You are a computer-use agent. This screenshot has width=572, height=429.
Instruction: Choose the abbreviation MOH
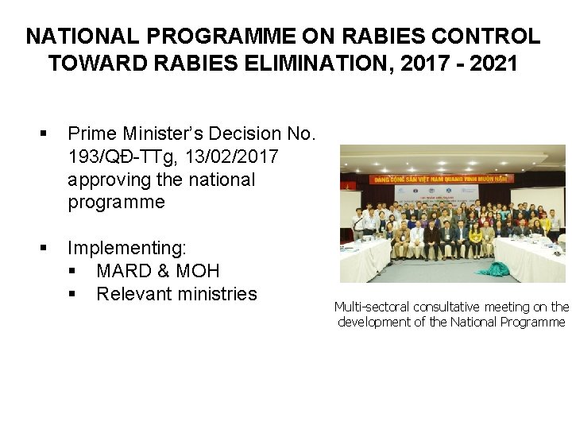pyautogui.click(x=198, y=272)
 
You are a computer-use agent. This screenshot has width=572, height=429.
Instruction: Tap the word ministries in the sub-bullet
pyautogui.click(x=217, y=295)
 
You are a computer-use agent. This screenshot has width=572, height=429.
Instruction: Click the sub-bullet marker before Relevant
pyautogui.click(x=72, y=295)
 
